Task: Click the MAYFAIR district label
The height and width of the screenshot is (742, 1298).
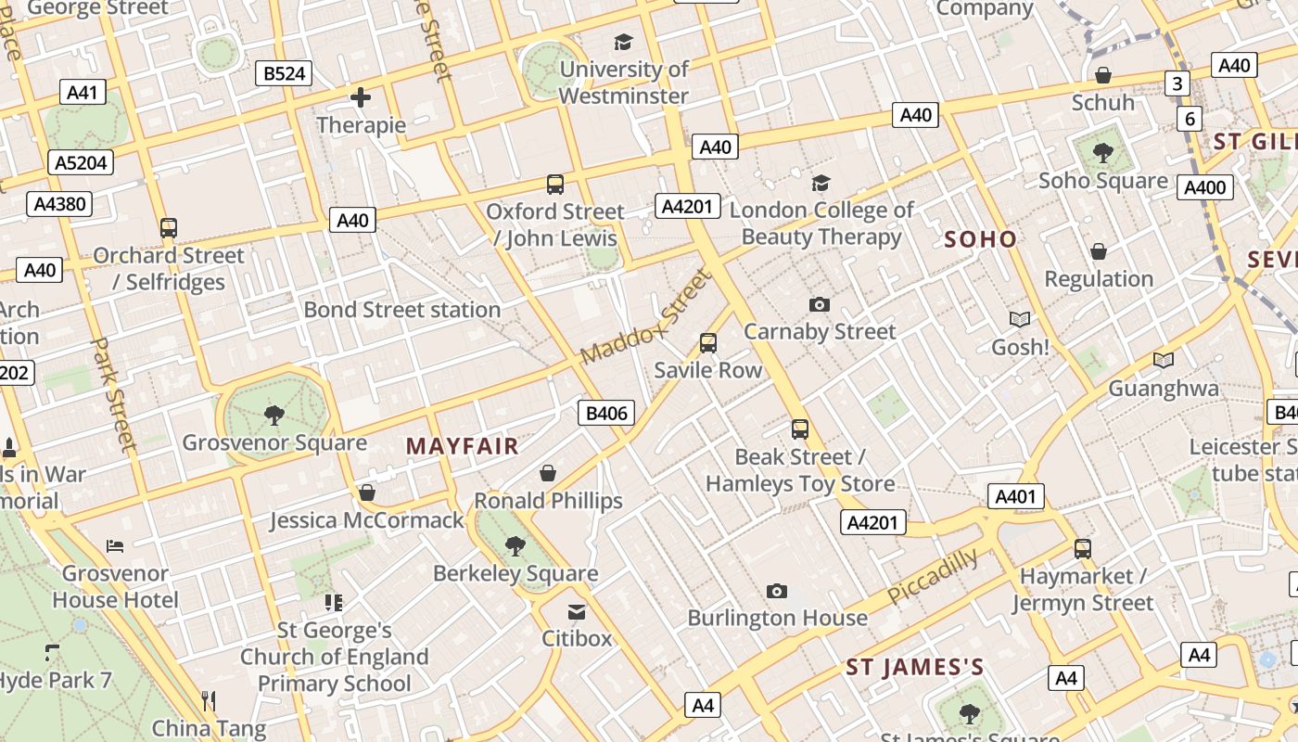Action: (x=462, y=446)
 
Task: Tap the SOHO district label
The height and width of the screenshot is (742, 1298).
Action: (x=980, y=239)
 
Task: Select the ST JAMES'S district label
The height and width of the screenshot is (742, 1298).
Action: (x=914, y=668)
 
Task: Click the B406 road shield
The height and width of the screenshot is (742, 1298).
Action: (x=607, y=413)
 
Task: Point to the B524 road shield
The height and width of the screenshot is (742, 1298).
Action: (x=284, y=73)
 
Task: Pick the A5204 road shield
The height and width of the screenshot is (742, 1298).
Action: (x=82, y=162)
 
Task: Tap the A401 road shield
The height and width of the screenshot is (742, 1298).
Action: (x=1015, y=496)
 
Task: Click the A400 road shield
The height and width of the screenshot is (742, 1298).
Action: (x=1205, y=187)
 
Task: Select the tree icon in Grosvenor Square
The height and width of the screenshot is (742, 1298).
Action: (x=274, y=415)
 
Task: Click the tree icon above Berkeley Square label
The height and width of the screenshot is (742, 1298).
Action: (x=515, y=546)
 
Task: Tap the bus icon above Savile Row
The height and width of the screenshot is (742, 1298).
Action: (x=708, y=343)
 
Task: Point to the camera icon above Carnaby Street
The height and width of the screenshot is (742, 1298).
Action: (x=820, y=304)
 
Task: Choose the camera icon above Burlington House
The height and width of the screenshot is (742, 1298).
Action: (x=777, y=591)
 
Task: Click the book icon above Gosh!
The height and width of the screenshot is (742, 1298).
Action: (x=1020, y=320)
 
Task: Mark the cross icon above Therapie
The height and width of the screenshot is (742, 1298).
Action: (x=361, y=96)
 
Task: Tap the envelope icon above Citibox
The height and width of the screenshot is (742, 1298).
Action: (x=577, y=611)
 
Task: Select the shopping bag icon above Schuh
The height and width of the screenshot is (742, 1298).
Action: (x=1103, y=75)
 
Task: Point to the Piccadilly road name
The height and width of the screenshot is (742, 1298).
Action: (x=933, y=576)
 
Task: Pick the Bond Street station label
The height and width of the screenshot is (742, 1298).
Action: (x=402, y=310)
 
